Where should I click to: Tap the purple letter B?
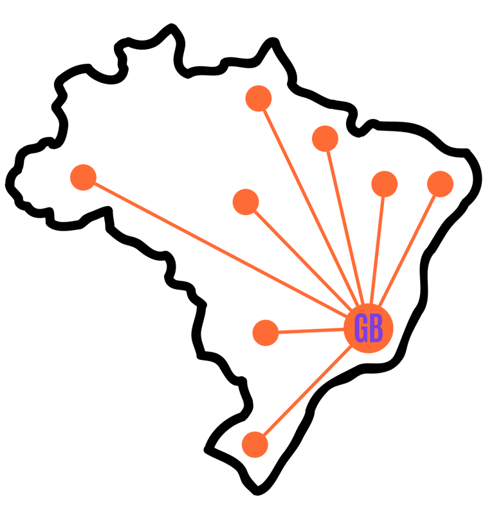(376, 329)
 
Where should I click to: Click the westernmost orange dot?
(83, 177)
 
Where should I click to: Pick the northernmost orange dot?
(259, 99)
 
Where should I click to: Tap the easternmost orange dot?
(440, 184)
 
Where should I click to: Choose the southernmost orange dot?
(255, 444)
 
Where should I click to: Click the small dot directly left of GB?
(266, 333)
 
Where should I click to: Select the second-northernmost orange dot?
(325, 138)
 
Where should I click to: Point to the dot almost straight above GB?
(384, 184)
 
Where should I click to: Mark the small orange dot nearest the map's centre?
(246, 202)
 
